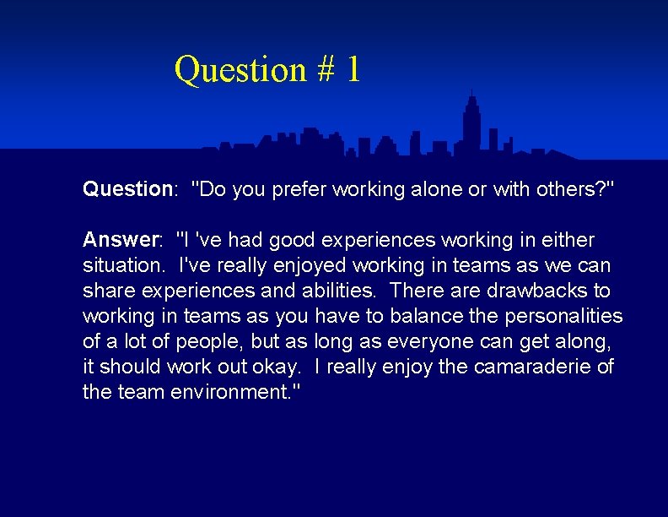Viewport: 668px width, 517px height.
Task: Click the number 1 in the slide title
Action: tap(353, 69)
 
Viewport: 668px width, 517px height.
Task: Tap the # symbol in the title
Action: tap(326, 69)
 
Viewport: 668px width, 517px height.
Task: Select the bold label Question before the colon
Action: tap(127, 188)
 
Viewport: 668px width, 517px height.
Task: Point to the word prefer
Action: tap(299, 188)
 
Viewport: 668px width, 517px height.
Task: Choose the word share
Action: tap(105, 291)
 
